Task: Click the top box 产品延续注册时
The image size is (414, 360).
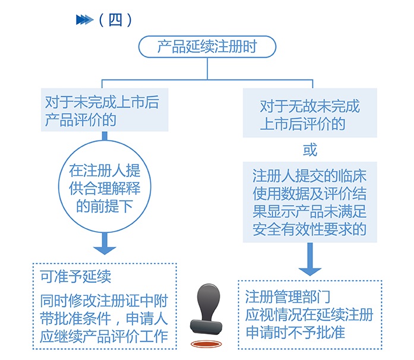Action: coord(207,46)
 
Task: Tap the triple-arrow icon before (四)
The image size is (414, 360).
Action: coord(84,20)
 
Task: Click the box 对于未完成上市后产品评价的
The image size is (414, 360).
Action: coord(106,110)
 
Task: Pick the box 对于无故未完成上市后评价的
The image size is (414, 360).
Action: coord(309,114)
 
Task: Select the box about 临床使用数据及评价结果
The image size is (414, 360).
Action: coord(309,202)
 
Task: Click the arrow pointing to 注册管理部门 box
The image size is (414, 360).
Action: coord(309,261)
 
